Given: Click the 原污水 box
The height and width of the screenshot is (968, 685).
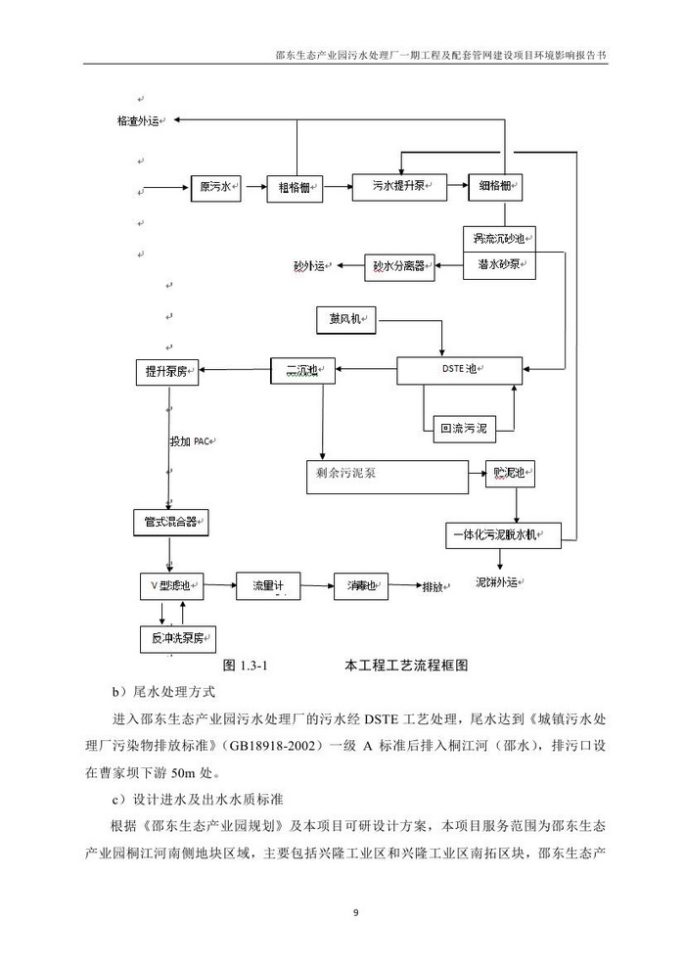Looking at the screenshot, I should (215, 187).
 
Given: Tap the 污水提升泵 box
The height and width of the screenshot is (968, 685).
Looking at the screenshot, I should (397, 186).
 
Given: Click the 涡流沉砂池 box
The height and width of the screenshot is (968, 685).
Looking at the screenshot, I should (499, 240).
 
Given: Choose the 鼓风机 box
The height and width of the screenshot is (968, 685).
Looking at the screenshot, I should (346, 320).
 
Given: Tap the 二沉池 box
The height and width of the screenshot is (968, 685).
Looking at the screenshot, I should (302, 370).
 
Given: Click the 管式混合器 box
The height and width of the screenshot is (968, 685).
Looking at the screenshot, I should (171, 523).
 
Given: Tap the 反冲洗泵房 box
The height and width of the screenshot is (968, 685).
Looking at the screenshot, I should (177, 638).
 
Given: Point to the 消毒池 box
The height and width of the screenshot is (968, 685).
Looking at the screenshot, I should (360, 586).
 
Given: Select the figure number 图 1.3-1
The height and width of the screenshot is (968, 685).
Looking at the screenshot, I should (246, 666).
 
